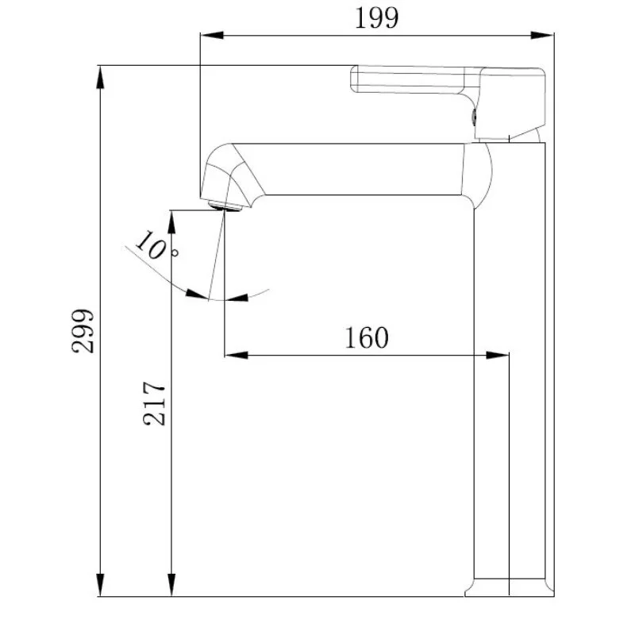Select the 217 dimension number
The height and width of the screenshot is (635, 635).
coord(156,403)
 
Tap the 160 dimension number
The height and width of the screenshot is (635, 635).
coord(366,337)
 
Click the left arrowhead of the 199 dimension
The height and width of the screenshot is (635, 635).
coord(210,35)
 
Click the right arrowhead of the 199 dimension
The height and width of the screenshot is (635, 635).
coord(544,35)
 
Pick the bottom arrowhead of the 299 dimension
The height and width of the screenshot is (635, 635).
coord(101,586)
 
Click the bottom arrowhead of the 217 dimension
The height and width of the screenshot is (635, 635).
coord(171,586)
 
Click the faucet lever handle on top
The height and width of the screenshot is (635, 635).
coord(444,83)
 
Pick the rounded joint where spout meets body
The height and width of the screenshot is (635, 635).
coord(479,170)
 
